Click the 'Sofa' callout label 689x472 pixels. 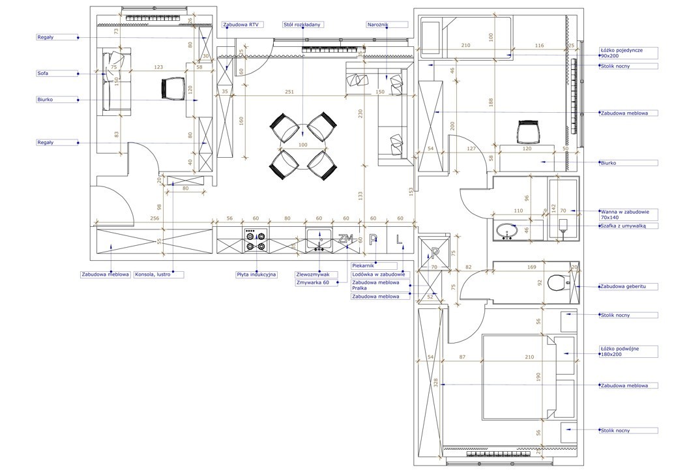(42, 74)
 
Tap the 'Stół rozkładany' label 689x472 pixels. (302, 25)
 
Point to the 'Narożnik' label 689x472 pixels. (378, 25)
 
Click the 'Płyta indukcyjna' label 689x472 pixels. (256, 274)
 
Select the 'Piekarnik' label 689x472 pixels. (363, 266)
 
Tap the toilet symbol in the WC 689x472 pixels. (557, 283)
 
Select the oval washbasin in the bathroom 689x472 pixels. (507, 230)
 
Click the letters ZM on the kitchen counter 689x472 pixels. (345, 239)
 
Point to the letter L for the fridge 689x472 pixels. (399, 239)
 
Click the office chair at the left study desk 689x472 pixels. (173, 88)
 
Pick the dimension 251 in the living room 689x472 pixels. (289, 92)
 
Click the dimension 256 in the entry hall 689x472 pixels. (154, 218)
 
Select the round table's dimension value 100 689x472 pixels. (302, 145)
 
